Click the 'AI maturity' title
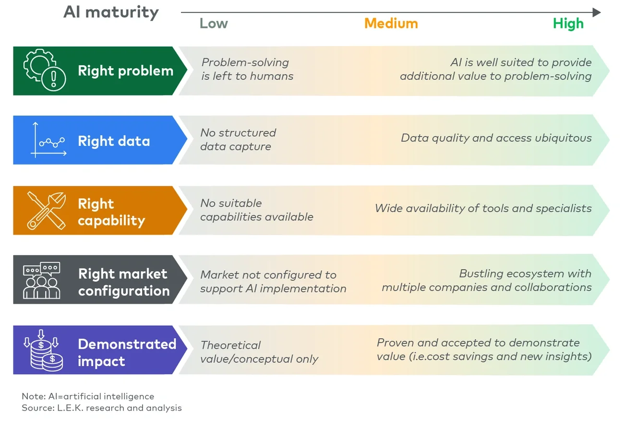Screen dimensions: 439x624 click(x=111, y=12)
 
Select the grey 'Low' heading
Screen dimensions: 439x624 click(x=214, y=24)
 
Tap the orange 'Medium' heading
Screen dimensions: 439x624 click(x=391, y=24)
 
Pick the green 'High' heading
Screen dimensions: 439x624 click(x=568, y=24)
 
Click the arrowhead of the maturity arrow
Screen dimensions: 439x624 click(x=596, y=12)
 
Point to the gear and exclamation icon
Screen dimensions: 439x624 click(x=46, y=71)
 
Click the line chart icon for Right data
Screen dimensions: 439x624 click(x=48, y=140)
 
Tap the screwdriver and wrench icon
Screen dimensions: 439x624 click(x=46, y=210)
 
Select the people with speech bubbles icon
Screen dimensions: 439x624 click(x=42, y=280)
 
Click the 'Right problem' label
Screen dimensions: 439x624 click(x=125, y=71)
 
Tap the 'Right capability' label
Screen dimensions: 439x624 click(x=111, y=212)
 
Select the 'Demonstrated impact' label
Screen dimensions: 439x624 click(x=127, y=352)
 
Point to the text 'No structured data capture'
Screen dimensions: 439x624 click(x=238, y=140)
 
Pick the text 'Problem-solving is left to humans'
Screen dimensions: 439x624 click(x=247, y=69)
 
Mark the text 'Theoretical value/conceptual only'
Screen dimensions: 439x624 click(x=259, y=352)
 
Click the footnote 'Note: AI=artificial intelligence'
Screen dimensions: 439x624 click(x=88, y=397)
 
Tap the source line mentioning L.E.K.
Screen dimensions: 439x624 click(x=102, y=408)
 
